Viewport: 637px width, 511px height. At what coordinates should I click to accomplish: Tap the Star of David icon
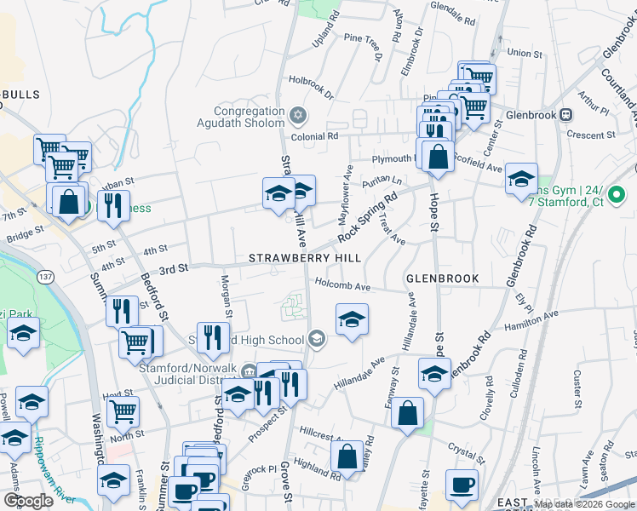point(297,114)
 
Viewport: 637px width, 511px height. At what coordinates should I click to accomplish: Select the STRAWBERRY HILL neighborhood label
point(305,258)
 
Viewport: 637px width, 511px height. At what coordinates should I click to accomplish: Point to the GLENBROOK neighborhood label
point(442,278)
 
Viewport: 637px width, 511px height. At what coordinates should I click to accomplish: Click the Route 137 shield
point(46,277)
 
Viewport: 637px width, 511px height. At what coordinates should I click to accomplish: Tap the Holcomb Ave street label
point(343,287)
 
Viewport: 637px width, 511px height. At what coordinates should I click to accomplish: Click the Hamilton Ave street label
point(530,320)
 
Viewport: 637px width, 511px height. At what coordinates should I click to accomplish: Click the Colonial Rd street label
point(314,136)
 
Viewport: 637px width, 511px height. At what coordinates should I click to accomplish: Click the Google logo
point(28,501)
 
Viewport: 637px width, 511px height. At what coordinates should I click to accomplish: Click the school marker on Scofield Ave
point(521,178)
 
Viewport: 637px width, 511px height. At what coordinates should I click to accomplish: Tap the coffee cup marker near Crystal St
point(462,485)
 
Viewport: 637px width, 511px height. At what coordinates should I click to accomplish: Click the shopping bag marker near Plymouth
point(438,157)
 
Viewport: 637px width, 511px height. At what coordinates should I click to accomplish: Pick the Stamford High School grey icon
point(317,340)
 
